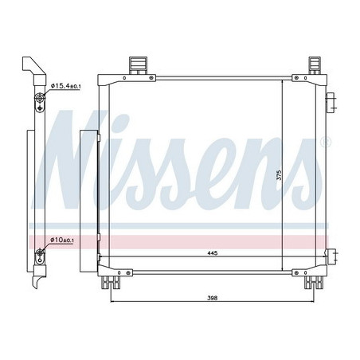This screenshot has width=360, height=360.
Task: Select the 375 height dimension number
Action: click(x=278, y=177)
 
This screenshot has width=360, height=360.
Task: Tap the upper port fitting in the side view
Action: click(x=41, y=101)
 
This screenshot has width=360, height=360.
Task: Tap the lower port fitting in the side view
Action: click(x=41, y=256)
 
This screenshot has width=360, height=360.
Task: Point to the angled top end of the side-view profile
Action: click(x=29, y=65)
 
